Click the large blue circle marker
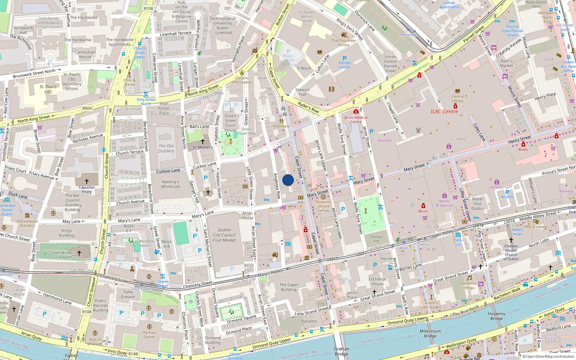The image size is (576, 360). click(x=288, y=180)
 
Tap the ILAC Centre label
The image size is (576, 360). click(x=444, y=112)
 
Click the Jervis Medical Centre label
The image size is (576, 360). click(x=356, y=120)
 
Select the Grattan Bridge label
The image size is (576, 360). click(x=341, y=351)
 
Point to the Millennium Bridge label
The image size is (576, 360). click(x=430, y=333)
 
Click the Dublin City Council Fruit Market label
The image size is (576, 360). click(x=224, y=235)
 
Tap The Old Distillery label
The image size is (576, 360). click(x=166, y=148)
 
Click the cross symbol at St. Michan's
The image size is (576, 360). click(x=203, y=141)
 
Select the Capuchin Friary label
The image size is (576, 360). click(x=87, y=189)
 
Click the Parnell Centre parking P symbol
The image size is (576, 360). click(x=345, y=58)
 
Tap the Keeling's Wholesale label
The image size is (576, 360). click(x=171, y=184)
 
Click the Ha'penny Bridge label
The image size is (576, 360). click(x=496, y=316)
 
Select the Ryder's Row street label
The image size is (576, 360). click(x=309, y=107)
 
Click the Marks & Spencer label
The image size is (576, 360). click(x=445, y=203)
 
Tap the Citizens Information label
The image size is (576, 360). click(x=242, y=80)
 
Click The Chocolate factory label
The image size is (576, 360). click(x=343, y=42)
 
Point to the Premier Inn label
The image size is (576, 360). click(x=376, y=239)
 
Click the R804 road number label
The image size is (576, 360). click(x=87, y=108)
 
